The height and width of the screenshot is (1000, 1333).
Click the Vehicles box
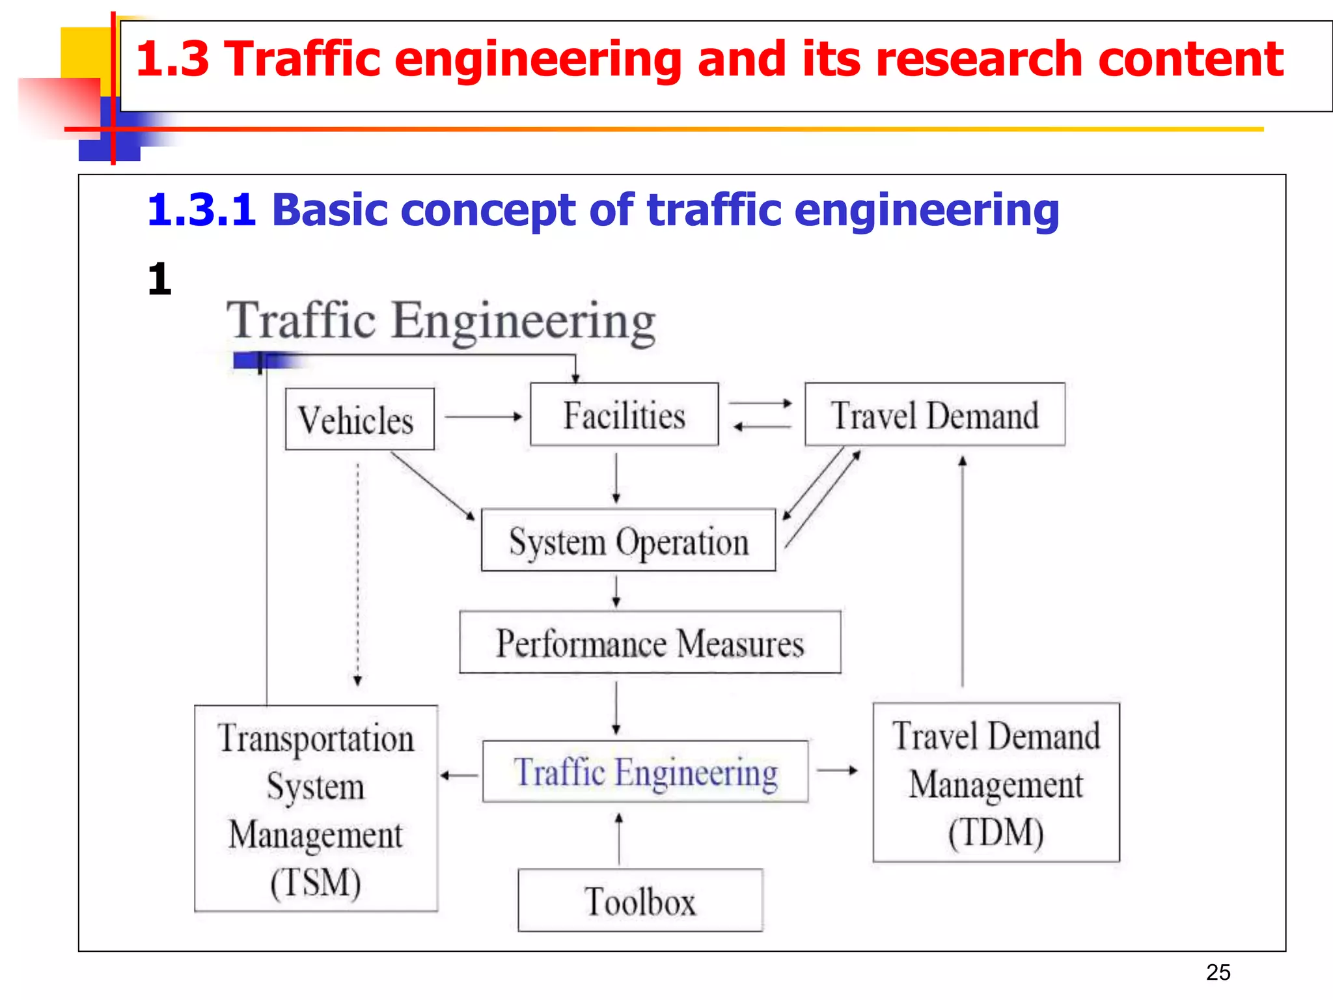click(359, 419)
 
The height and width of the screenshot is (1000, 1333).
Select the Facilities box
click(624, 415)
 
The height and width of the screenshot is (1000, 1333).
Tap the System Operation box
click(628, 540)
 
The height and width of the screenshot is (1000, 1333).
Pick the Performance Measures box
click(650, 643)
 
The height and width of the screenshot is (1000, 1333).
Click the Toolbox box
click(640, 900)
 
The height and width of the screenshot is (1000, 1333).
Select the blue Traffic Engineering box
click(645, 771)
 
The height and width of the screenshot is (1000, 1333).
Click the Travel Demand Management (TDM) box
click(996, 783)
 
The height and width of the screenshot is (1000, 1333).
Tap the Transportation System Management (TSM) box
click(316, 808)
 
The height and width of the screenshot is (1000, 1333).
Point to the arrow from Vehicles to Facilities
click(483, 417)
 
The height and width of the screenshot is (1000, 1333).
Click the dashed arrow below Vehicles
click(357, 573)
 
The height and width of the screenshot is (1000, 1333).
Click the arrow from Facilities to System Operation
click(616, 478)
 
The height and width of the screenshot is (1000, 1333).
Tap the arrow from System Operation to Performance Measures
click(616, 590)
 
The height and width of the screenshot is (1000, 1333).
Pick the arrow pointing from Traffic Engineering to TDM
click(837, 771)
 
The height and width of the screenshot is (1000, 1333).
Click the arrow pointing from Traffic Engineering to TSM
click(460, 775)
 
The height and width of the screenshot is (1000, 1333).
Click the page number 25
click(1218, 972)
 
